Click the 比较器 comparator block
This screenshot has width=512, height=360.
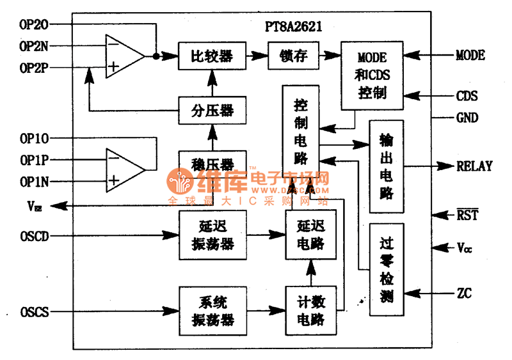click(x=211, y=56)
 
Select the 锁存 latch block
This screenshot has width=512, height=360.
click(x=294, y=56)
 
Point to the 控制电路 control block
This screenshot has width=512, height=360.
click(x=300, y=132)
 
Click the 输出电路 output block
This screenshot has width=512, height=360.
click(x=386, y=166)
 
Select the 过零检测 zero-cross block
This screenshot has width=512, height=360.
click(x=386, y=269)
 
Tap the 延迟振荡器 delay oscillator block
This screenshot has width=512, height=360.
click(x=212, y=235)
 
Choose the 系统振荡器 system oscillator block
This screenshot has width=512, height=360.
click(x=212, y=311)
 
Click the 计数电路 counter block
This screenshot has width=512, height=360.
click(x=311, y=311)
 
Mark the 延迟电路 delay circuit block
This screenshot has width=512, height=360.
click(x=311, y=235)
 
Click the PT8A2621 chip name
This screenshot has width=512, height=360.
click(x=294, y=27)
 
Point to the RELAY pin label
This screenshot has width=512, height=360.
click(x=474, y=166)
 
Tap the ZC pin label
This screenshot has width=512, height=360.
click(x=465, y=293)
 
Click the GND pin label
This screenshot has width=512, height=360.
click(x=467, y=118)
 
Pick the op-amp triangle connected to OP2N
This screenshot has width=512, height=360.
click(x=125, y=56)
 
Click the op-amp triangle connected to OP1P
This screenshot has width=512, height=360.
click(x=125, y=170)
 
